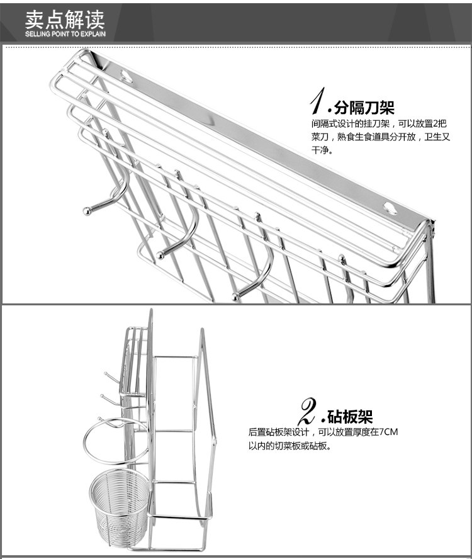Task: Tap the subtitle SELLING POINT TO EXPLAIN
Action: coord(65,34)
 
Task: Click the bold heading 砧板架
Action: coord(350,417)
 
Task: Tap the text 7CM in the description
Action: coord(388,432)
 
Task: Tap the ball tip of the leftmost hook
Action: coord(86,210)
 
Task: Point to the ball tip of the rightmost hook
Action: coord(235,296)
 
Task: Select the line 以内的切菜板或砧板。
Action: coord(289,446)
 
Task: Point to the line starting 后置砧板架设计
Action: coord(323,432)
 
